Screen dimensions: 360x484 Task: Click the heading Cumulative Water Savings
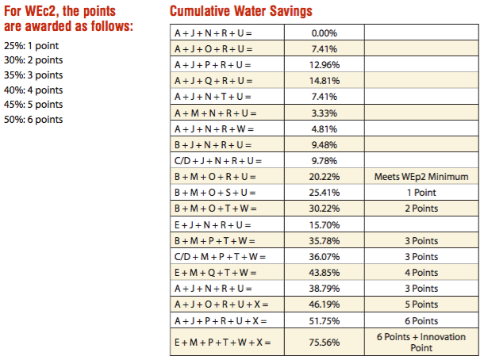[240, 11]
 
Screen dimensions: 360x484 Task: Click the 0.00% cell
[325, 33]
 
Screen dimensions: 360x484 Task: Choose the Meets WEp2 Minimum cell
[421, 176]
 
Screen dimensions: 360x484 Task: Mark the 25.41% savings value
[325, 192]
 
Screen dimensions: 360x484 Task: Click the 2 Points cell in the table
[421, 209]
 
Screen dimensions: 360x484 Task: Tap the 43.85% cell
[325, 272]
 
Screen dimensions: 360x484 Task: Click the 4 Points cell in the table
[421, 272]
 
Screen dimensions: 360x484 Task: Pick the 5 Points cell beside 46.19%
[421, 304]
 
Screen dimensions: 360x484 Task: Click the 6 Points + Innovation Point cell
[421, 342]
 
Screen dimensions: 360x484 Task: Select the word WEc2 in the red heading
[40, 11]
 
